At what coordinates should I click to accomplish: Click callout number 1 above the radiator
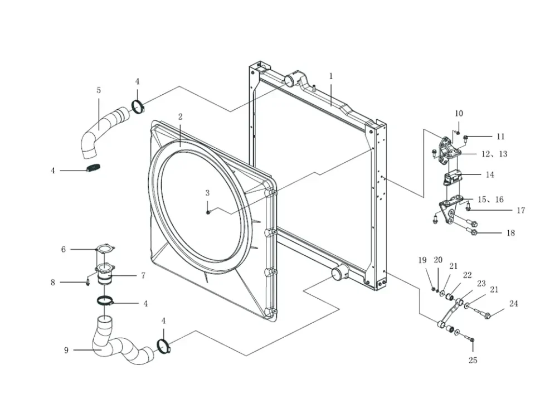[x=330, y=76]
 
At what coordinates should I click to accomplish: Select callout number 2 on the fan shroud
[x=181, y=117]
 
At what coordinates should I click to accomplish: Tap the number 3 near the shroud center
[x=207, y=193]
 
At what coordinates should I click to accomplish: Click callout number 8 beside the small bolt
[x=53, y=283]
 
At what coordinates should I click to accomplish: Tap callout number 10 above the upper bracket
[x=459, y=114]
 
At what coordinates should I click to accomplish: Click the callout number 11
[x=500, y=137]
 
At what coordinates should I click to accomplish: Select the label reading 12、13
[x=494, y=154]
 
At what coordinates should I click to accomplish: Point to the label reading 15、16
[x=490, y=200]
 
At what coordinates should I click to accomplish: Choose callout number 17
[x=521, y=211]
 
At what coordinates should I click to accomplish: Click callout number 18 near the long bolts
[x=510, y=233]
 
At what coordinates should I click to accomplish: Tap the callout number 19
[x=422, y=260]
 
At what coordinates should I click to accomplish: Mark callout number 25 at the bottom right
[x=473, y=361]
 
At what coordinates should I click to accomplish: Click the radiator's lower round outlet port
[x=337, y=274]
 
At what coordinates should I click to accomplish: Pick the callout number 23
[x=481, y=284]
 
